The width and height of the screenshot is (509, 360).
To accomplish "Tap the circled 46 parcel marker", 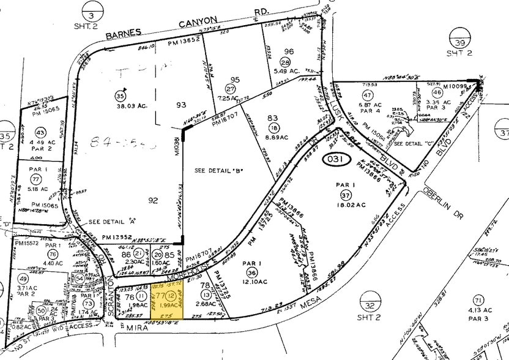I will [x=437, y=92].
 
